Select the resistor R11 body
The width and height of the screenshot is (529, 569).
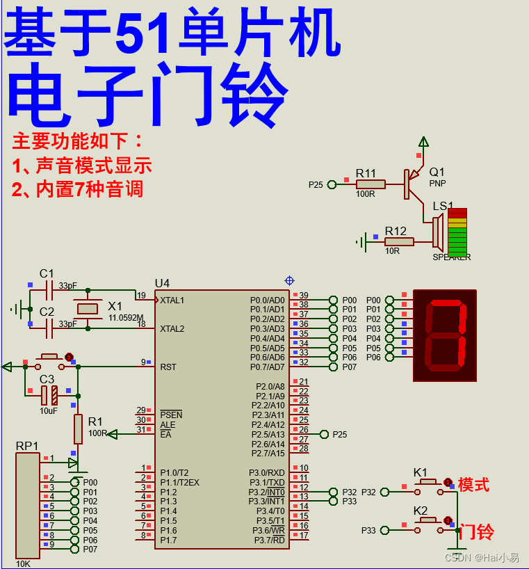click(371, 184)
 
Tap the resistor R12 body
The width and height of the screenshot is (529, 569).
click(399, 241)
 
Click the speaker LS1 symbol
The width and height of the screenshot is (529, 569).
click(439, 232)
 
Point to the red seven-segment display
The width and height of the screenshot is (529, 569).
click(445, 335)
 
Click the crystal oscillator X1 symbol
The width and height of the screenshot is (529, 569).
click(87, 307)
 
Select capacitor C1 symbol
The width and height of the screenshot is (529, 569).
click(49, 287)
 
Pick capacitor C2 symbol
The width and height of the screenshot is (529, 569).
click(49, 324)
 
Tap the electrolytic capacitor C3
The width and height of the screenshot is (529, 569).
click(49, 395)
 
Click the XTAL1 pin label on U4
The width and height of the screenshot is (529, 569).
click(173, 300)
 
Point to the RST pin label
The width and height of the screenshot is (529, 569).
click(168, 367)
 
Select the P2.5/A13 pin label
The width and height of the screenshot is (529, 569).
click(270, 435)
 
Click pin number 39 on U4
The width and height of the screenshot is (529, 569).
click(304, 296)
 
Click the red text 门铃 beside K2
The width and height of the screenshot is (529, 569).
click(477, 532)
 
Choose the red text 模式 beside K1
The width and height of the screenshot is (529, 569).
click(473, 485)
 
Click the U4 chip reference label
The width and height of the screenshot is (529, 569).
click(162, 283)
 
